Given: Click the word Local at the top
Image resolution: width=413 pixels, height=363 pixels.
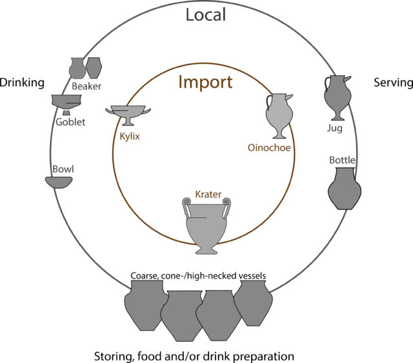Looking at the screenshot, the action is tap(206, 15).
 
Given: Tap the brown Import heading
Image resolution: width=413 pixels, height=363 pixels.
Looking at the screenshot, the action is tap(205, 82).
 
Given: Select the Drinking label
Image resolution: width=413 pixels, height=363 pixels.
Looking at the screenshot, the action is tap(22, 83).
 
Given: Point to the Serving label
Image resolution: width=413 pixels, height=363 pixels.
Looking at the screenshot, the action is tap(393, 83).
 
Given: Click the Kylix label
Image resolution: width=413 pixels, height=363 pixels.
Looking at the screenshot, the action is tap(130, 136).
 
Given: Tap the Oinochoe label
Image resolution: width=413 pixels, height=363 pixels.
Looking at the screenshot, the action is tap(269, 148).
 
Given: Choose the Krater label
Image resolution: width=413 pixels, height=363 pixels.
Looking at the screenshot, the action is tap(208, 194).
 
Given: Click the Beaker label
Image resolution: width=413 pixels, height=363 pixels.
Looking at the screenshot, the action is tap(86, 86).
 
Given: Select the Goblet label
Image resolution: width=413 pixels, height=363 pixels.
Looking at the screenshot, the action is tap(70, 122).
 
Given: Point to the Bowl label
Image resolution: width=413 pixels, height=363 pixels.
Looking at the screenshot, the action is tap(63, 169).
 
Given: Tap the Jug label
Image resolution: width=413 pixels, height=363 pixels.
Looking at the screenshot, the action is tap(335, 128).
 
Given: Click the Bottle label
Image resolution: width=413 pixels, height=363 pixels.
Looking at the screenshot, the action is tap(342, 160).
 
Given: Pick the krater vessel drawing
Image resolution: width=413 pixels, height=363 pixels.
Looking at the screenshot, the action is tap(206, 226).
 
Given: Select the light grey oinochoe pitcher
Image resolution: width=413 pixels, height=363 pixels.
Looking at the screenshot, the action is tap(279, 116).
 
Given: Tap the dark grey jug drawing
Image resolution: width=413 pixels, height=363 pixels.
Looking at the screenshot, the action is tap(337, 98).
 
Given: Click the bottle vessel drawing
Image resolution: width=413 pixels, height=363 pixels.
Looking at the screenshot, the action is tap(345, 189).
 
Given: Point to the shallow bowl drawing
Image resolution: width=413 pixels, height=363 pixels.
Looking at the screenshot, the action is tap(59, 182).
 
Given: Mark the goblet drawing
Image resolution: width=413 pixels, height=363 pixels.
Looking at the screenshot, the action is tap(66, 104).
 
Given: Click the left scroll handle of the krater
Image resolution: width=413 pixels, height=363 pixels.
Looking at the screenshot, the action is tap(186, 208).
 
